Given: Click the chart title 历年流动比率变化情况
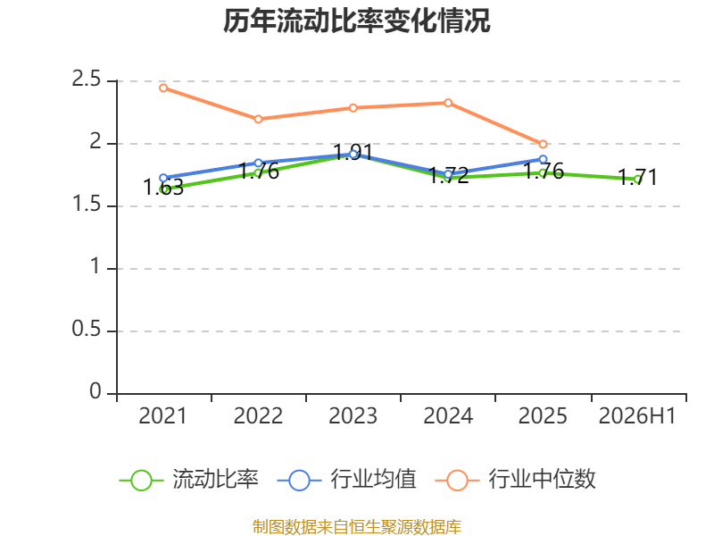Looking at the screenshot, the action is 356,21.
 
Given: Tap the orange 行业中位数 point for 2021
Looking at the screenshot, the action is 163,88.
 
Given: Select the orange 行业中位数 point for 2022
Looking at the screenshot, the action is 258,119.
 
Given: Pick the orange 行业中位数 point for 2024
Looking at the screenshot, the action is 448,103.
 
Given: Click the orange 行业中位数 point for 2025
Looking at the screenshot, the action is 543,144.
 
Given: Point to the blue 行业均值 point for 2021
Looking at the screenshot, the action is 163,178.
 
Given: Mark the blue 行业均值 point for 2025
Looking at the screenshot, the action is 543,160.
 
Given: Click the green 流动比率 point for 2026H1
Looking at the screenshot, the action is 638,180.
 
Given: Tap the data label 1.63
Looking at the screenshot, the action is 163,188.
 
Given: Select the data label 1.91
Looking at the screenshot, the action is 353,152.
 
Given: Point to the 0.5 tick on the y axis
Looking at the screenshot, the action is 86,329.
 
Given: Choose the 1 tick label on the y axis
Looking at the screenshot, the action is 95,266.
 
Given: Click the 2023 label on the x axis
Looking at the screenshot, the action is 353,416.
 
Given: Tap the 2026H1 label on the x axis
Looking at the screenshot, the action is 637,416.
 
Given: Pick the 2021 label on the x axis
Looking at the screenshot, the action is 162,416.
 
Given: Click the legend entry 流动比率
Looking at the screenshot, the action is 188,480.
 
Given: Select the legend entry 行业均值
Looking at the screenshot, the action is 346,480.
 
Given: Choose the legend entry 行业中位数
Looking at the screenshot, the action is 516,480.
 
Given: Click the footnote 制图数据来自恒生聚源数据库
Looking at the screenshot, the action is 357,527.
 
